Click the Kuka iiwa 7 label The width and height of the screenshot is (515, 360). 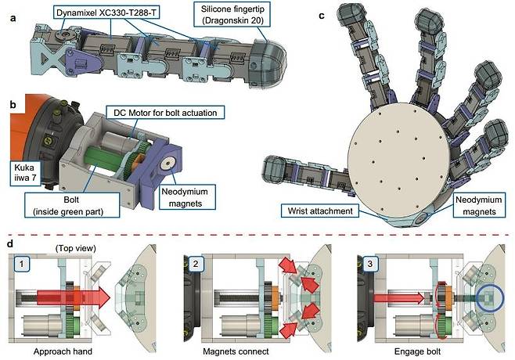coord(23,174)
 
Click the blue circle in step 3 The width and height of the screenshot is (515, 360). coord(489,298)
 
